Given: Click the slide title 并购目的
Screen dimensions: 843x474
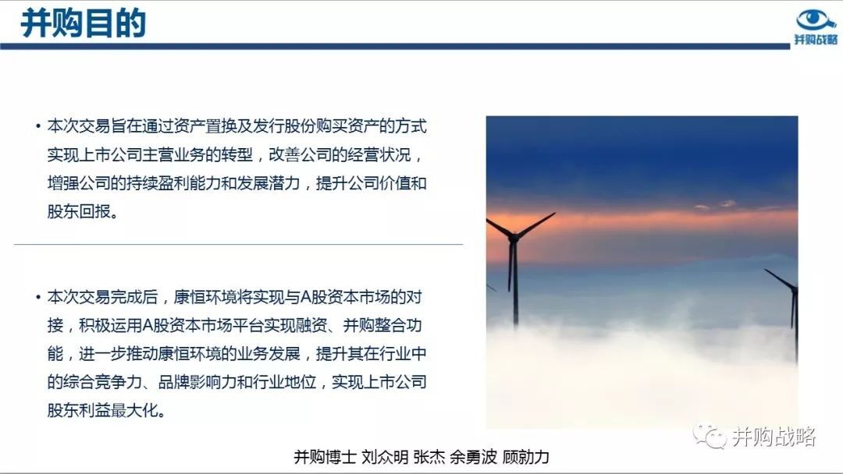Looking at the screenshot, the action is click(x=84, y=23).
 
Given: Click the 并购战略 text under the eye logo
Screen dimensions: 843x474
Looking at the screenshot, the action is click(x=816, y=40).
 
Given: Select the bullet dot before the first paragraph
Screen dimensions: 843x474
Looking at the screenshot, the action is click(x=38, y=127).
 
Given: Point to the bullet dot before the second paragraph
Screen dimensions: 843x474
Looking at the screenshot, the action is click(x=38, y=297).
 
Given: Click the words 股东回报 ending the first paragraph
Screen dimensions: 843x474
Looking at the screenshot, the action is click(x=79, y=211).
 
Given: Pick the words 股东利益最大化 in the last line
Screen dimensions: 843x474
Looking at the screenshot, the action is click(x=103, y=410).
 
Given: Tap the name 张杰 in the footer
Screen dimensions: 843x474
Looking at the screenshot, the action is click(x=429, y=457).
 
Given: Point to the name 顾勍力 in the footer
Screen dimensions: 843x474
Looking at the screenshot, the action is click(x=525, y=457).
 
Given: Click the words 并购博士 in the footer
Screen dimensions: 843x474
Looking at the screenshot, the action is click(x=325, y=457).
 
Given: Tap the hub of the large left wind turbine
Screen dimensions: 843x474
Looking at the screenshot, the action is click(x=514, y=236).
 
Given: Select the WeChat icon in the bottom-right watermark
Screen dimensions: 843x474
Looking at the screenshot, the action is click(x=709, y=436).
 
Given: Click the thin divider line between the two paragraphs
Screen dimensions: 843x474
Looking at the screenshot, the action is click(x=238, y=244).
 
